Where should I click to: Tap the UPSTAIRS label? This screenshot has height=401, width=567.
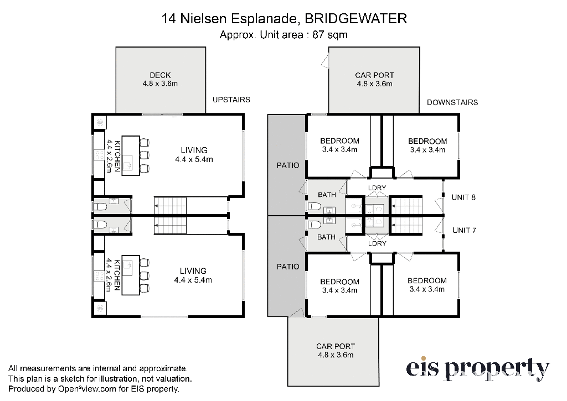tap(231, 100)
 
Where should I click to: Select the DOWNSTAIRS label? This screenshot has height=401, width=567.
tap(452, 102)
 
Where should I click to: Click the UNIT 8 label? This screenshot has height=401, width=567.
tap(463, 197)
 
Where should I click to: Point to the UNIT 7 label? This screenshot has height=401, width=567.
tap(465, 230)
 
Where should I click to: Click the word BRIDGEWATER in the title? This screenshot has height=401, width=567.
tap(356, 18)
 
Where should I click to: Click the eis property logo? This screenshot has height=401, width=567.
tap(478, 369)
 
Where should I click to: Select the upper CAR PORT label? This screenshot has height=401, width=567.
tap(374, 75)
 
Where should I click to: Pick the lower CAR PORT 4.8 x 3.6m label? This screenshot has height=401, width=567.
tap(336, 351)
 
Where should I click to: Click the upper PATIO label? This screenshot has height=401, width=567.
tap(288, 165)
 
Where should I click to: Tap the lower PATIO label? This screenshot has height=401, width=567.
tap(288, 267)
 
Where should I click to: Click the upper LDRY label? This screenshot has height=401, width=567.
tap(377, 188)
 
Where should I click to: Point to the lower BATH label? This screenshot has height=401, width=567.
tap(326, 237)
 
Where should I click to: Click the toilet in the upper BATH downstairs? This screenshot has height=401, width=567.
tap(315, 207)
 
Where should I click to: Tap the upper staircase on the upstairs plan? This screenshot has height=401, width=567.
tap(171, 206)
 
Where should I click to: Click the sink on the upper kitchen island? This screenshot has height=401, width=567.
tap(128, 165)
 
